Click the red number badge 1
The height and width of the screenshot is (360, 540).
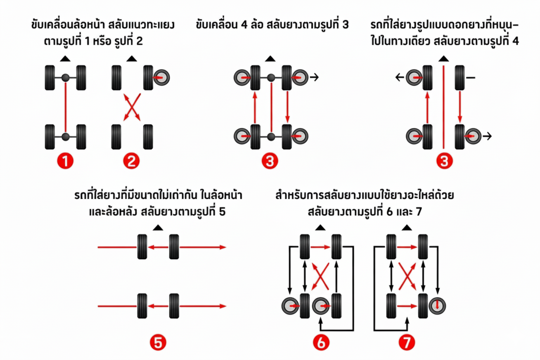65,161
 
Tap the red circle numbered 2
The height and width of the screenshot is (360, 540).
131,161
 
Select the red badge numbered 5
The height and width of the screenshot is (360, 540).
158,342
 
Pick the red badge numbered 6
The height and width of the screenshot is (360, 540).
321,342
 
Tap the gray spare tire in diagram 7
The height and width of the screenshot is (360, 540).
437,305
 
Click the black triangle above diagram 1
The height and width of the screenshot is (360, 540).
65,58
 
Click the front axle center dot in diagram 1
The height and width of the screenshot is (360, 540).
65,78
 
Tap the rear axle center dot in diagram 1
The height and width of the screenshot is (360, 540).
65,137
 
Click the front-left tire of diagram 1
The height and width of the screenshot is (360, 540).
50,78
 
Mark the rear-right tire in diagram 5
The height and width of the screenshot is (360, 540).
174,306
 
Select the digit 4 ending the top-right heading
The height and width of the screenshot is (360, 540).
515,42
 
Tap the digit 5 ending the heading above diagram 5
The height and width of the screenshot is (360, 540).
222,212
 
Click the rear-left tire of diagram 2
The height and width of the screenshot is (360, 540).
116,137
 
